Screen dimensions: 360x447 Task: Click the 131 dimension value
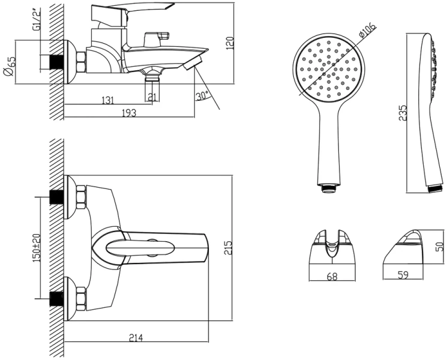coord(108,101)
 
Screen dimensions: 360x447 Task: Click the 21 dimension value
coord(152,97)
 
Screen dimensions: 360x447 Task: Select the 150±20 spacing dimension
coord(37,247)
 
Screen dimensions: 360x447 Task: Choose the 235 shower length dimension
coord(403,113)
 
